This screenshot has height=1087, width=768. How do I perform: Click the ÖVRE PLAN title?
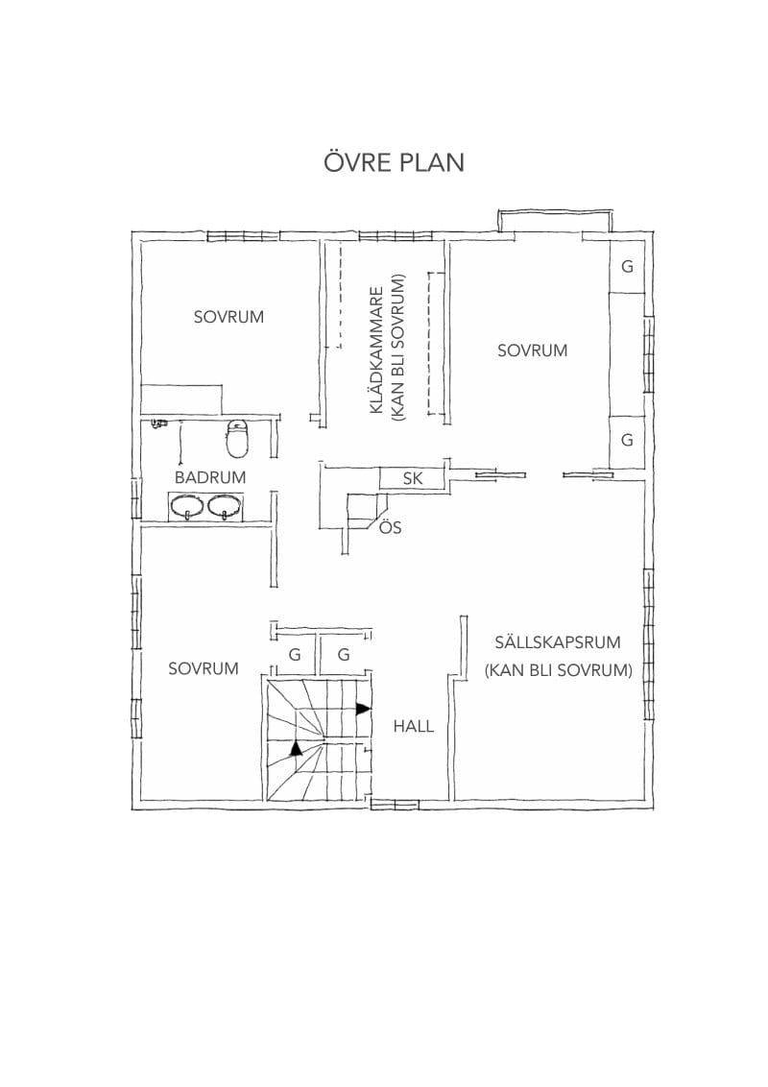point(394,161)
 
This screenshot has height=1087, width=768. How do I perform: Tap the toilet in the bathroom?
point(237,439)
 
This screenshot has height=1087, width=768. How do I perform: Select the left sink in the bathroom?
point(186,506)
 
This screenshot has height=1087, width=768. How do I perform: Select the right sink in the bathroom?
point(225,506)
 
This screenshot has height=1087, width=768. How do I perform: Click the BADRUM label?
point(210,477)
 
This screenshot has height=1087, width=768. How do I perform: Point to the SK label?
point(413,478)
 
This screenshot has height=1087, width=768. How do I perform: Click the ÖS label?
point(390,527)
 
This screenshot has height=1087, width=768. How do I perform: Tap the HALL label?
point(413,726)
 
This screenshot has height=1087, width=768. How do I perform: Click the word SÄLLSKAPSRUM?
point(558,641)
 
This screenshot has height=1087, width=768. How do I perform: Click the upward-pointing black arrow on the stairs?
point(297,748)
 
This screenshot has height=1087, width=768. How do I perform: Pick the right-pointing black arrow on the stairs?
point(363,709)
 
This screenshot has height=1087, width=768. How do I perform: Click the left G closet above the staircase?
point(295,654)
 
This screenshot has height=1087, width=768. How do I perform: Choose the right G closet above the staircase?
point(343,654)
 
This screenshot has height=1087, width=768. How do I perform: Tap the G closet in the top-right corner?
point(627,266)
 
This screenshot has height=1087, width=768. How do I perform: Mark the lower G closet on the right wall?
point(627,440)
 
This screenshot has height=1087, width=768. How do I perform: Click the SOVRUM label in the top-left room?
point(228,317)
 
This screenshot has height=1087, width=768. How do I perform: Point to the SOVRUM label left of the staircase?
point(204,668)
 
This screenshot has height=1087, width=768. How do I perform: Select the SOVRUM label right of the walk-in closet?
point(533,350)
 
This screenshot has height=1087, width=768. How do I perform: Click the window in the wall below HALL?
point(396,804)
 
